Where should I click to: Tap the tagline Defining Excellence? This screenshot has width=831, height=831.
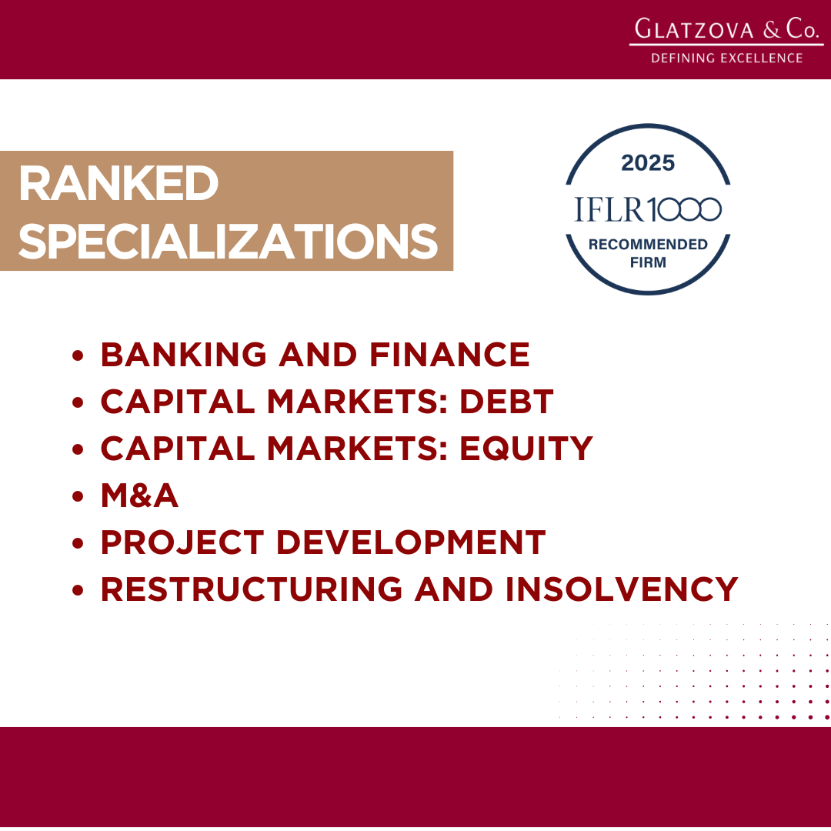point(726,58)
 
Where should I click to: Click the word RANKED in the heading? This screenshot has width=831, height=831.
point(118,183)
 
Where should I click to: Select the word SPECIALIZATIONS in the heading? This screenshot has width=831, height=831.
point(229,241)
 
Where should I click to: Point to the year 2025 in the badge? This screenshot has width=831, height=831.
point(648,162)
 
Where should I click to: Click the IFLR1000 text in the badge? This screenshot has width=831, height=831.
point(648,209)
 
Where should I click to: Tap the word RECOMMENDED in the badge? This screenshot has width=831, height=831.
point(648,245)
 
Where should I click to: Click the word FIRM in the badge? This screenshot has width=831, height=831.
point(648,262)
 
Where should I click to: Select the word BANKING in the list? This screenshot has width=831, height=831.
point(184,355)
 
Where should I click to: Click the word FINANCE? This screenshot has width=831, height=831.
point(449,355)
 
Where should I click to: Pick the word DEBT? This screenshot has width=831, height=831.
point(506,401)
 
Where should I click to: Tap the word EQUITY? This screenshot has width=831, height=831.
point(526,449)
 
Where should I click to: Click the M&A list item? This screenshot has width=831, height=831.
point(139,496)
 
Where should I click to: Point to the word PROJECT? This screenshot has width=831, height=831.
point(182,542)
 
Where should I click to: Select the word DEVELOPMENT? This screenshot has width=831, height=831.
point(411,542)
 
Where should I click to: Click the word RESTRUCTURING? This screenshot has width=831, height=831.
point(251,589)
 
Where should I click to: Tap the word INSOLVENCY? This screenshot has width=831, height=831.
point(622,589)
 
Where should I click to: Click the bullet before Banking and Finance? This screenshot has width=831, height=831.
point(78,355)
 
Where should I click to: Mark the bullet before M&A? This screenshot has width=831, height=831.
point(78,496)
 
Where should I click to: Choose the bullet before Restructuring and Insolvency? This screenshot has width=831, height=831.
point(78,590)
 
